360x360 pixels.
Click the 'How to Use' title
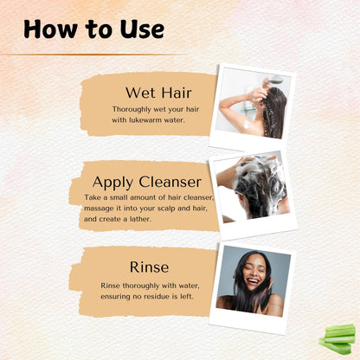click(x=93, y=29)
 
